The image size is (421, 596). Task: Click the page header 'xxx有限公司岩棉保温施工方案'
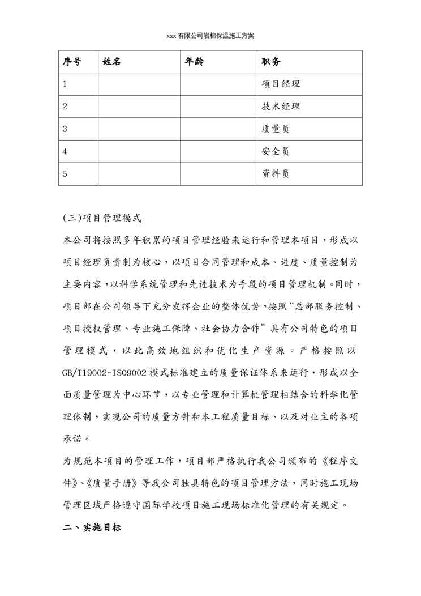pyautogui.click(x=211, y=35)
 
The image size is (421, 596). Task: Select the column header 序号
pyautogui.click(x=72, y=62)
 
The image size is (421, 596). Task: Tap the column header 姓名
pyautogui.click(x=112, y=62)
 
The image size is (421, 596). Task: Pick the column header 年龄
pyautogui.click(x=195, y=62)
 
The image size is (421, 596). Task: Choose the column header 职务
pyautogui.click(x=271, y=62)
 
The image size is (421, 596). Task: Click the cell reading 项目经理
pyautogui.click(x=281, y=84)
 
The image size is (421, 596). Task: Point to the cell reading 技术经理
pyautogui.click(x=281, y=107)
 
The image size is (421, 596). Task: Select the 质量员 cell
pyautogui.click(x=276, y=129)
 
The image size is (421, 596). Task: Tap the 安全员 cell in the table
pyautogui.click(x=276, y=151)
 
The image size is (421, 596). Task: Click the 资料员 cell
pyautogui.click(x=276, y=174)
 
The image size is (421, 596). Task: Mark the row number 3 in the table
pyautogui.click(x=65, y=129)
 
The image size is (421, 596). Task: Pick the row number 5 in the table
pyautogui.click(x=65, y=174)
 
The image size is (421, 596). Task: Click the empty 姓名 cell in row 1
pyautogui.click(x=139, y=84)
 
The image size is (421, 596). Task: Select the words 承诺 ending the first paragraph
pyautogui.click(x=74, y=439)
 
